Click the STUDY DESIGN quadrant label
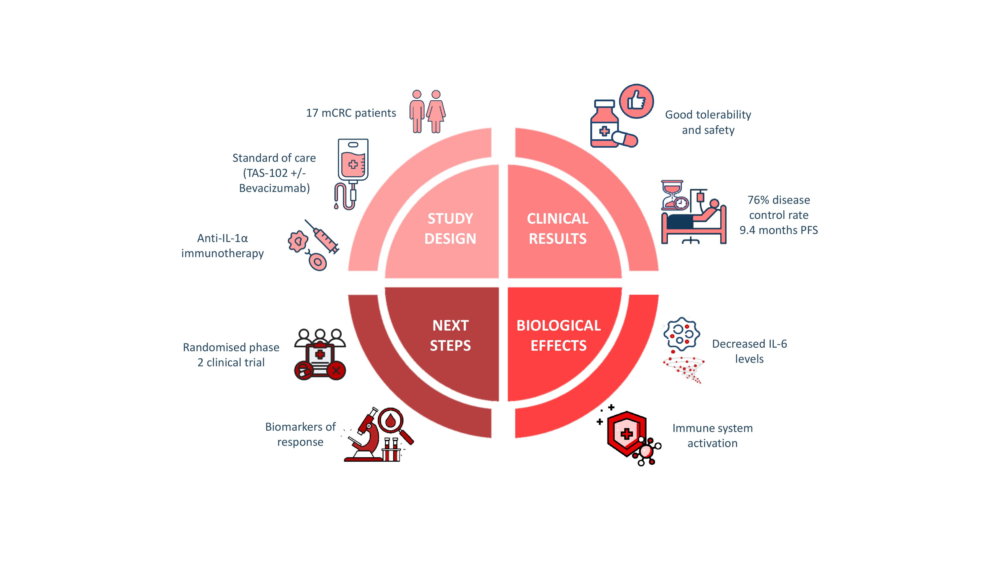coord(450,228)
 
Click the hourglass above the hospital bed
coord(672,194)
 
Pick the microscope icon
coord(364,434)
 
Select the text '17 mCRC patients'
coord(351,113)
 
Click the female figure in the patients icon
coord(436,112)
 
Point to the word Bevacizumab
coord(274,188)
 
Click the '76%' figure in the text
coord(759,200)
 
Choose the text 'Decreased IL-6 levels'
coord(749,351)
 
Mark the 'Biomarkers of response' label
coord(300,434)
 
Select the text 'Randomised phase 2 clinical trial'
coord(231,355)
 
